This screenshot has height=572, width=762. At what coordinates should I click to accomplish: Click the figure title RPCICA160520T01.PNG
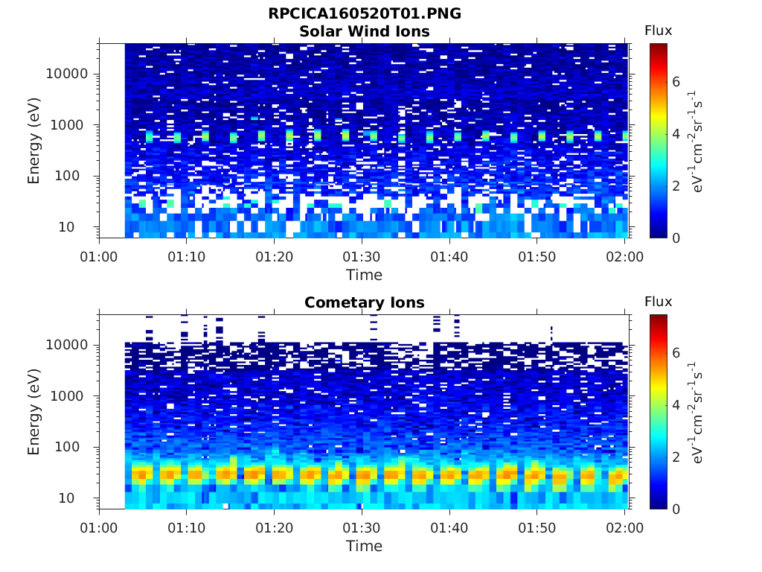pos(365,13)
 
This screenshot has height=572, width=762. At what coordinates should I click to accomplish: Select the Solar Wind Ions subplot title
pos(365,31)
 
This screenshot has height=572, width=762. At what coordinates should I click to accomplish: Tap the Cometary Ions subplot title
pos(365,302)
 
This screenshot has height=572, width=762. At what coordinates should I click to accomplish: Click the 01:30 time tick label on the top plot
pos(362,257)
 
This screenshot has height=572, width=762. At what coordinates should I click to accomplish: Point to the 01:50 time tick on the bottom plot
pos(537,528)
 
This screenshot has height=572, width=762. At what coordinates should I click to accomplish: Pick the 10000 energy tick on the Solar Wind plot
pos(66,74)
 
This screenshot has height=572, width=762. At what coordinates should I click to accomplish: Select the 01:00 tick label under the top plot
pos(99,257)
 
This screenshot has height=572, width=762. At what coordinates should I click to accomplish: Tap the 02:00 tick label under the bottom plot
pos(624,528)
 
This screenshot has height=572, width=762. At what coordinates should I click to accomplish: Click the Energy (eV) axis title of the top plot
pos(33,141)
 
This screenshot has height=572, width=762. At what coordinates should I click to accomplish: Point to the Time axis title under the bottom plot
pos(365,546)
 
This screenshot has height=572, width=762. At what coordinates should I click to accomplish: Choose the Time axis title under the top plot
pos(365,276)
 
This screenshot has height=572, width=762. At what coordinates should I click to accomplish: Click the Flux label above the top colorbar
pos(659,31)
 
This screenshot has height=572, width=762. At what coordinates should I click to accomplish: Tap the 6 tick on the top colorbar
pos(676,82)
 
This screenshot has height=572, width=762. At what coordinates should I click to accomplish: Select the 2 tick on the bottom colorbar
pos(676,457)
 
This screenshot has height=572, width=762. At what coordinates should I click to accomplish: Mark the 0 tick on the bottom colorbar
pos(676,509)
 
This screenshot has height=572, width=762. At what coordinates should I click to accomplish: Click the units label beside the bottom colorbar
pos(696,413)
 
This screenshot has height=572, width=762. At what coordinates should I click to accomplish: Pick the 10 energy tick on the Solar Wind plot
pos(66,227)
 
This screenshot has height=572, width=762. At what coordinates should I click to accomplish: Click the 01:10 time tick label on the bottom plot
pos(187,528)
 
